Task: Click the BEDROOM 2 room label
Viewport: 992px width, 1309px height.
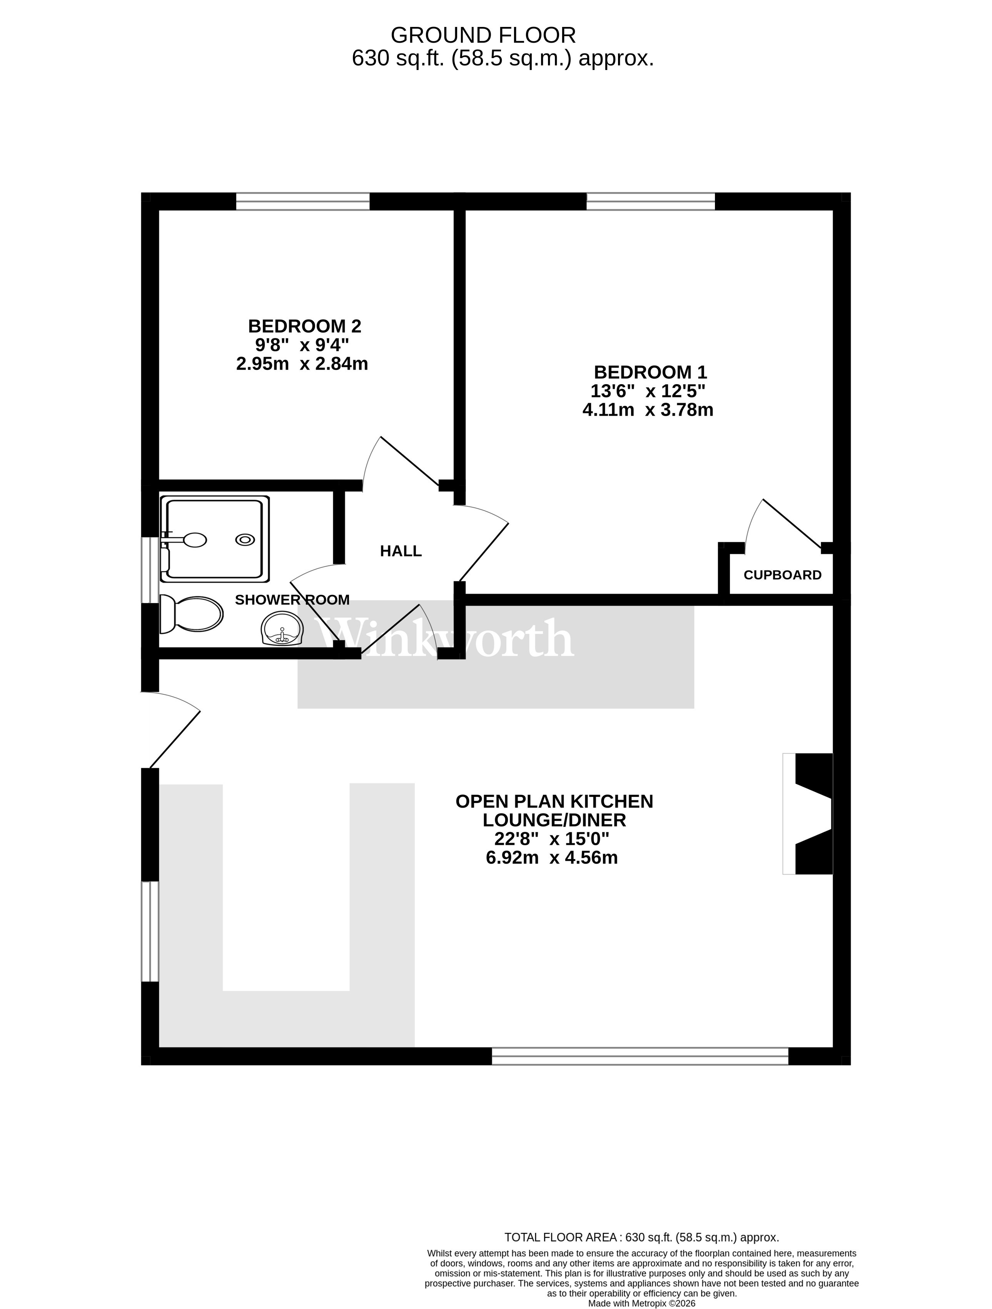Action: (304, 326)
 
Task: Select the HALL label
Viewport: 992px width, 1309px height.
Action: (401, 551)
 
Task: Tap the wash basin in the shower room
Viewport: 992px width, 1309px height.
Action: (282, 628)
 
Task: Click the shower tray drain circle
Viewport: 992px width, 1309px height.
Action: (245, 540)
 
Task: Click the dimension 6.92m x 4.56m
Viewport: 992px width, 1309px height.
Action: (551, 858)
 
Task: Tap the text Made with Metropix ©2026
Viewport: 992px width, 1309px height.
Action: (641, 1303)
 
